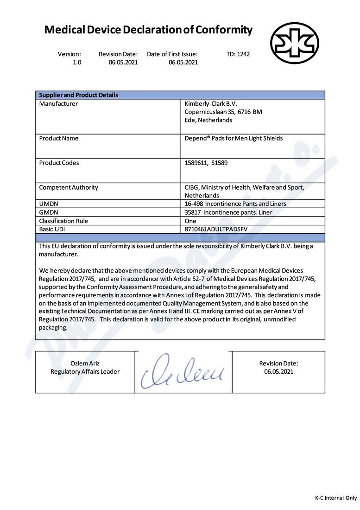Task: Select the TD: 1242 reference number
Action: [238, 54]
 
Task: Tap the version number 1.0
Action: [76, 63]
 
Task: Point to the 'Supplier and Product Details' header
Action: [78, 95]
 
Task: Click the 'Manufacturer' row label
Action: [58, 104]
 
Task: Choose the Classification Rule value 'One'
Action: [190, 221]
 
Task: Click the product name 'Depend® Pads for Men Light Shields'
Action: [234, 139]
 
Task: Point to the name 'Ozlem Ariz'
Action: [85, 363]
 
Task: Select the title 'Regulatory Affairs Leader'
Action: [85, 372]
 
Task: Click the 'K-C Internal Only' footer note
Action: [336, 498]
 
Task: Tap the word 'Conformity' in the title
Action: [224, 31]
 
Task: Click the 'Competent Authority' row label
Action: [69, 188]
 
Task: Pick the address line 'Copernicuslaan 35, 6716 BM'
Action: [223, 112]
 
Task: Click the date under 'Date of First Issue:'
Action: [183, 63]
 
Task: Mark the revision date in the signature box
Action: [278, 372]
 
